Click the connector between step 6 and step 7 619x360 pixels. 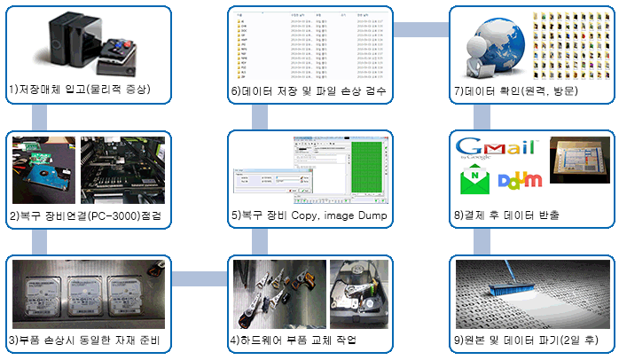click(x=419, y=29)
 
